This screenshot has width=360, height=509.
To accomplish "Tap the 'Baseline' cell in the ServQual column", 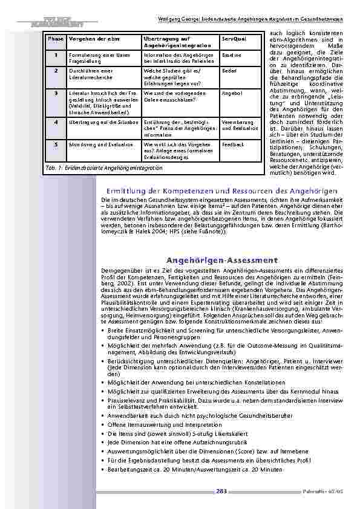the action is tap(231, 56).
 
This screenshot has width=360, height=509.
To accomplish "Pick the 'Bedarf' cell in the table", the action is tap(229, 71).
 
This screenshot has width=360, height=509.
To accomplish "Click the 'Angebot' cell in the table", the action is tap(231, 94).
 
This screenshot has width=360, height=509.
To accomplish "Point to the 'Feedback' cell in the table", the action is tap(232, 145).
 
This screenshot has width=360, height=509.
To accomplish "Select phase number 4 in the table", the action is tap(56, 122).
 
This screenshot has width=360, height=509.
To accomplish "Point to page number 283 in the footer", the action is tap(221, 491).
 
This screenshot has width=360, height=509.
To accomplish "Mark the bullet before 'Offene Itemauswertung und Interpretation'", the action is tap(103, 425).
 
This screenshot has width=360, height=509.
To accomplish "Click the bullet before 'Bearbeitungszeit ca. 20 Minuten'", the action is tap(103, 469).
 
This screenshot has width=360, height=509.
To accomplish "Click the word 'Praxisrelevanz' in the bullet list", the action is tap(124, 400).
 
